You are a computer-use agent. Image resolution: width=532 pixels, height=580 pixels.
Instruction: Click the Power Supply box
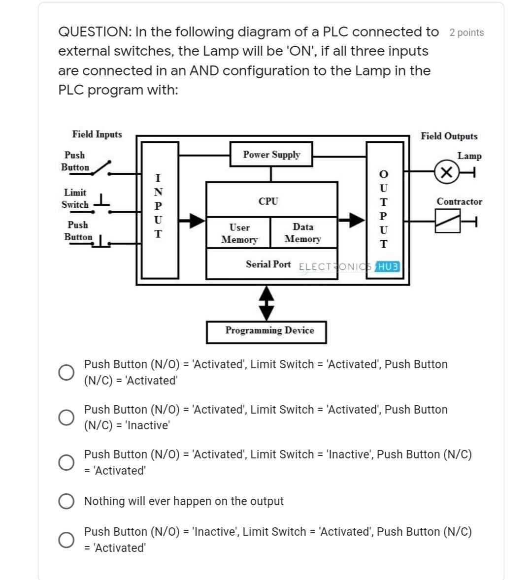271,155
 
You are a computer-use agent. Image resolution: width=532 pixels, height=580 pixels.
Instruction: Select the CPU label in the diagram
268,201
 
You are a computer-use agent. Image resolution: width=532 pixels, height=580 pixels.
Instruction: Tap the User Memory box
239,233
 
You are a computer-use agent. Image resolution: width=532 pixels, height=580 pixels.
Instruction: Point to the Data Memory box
303,233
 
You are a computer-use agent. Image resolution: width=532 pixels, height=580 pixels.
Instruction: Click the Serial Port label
268,264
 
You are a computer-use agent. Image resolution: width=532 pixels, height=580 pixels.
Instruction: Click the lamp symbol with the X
446,172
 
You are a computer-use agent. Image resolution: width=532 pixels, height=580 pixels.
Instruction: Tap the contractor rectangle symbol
447,221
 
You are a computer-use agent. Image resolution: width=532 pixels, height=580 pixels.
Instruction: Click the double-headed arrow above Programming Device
266,303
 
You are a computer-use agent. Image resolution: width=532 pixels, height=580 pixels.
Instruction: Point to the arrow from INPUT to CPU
192,221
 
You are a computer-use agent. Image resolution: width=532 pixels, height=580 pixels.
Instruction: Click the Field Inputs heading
97,134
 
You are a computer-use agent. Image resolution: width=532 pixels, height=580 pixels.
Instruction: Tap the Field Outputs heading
449,136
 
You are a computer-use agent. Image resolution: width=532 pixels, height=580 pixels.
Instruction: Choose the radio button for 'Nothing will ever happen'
66,501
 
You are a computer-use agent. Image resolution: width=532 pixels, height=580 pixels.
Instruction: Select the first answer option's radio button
66,372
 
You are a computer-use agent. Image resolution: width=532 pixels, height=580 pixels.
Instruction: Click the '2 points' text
466,33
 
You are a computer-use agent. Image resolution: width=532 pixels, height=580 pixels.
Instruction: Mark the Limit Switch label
75,198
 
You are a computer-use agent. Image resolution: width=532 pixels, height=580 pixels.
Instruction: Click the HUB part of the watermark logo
389,266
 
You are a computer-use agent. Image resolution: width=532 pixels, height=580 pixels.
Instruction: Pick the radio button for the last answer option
66,540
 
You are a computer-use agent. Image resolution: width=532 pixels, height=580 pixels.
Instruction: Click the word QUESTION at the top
94,32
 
